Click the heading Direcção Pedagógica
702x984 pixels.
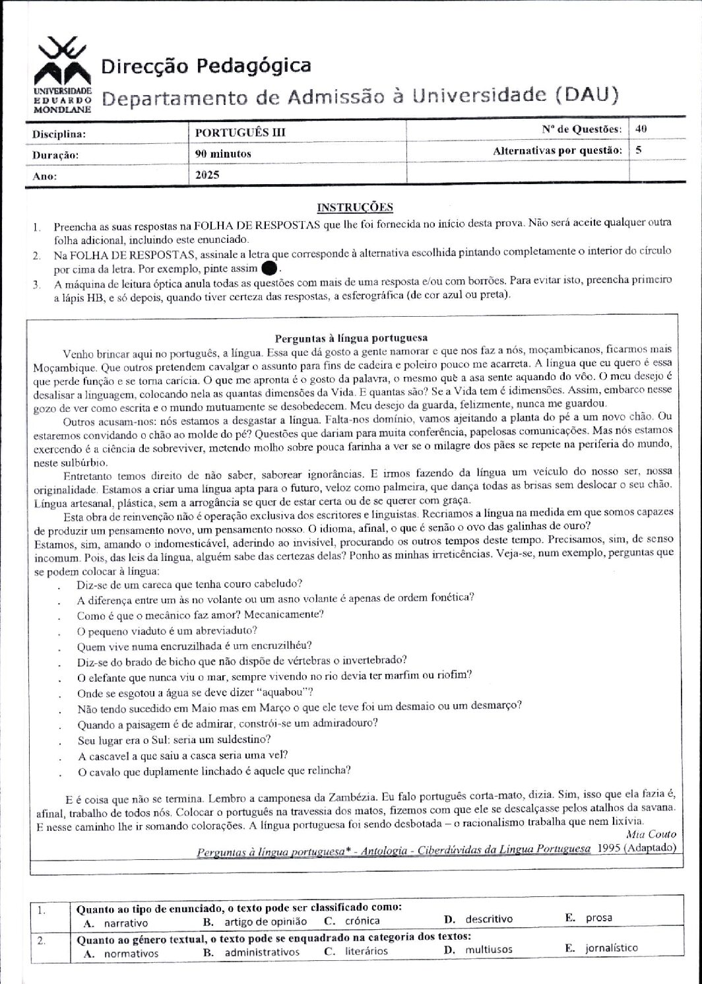click(206, 66)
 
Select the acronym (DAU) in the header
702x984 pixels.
click(587, 96)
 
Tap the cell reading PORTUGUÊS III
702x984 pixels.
click(240, 132)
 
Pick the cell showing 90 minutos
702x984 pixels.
click(223, 154)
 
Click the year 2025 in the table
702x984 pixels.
click(207, 176)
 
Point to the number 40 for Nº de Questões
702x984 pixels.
click(640, 129)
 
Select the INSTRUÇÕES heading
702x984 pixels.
click(355, 207)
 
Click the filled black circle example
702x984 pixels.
click(269, 269)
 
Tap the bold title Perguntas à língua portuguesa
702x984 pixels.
click(351, 338)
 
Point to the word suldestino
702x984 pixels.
click(239, 739)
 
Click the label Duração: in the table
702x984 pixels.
click(55, 155)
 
